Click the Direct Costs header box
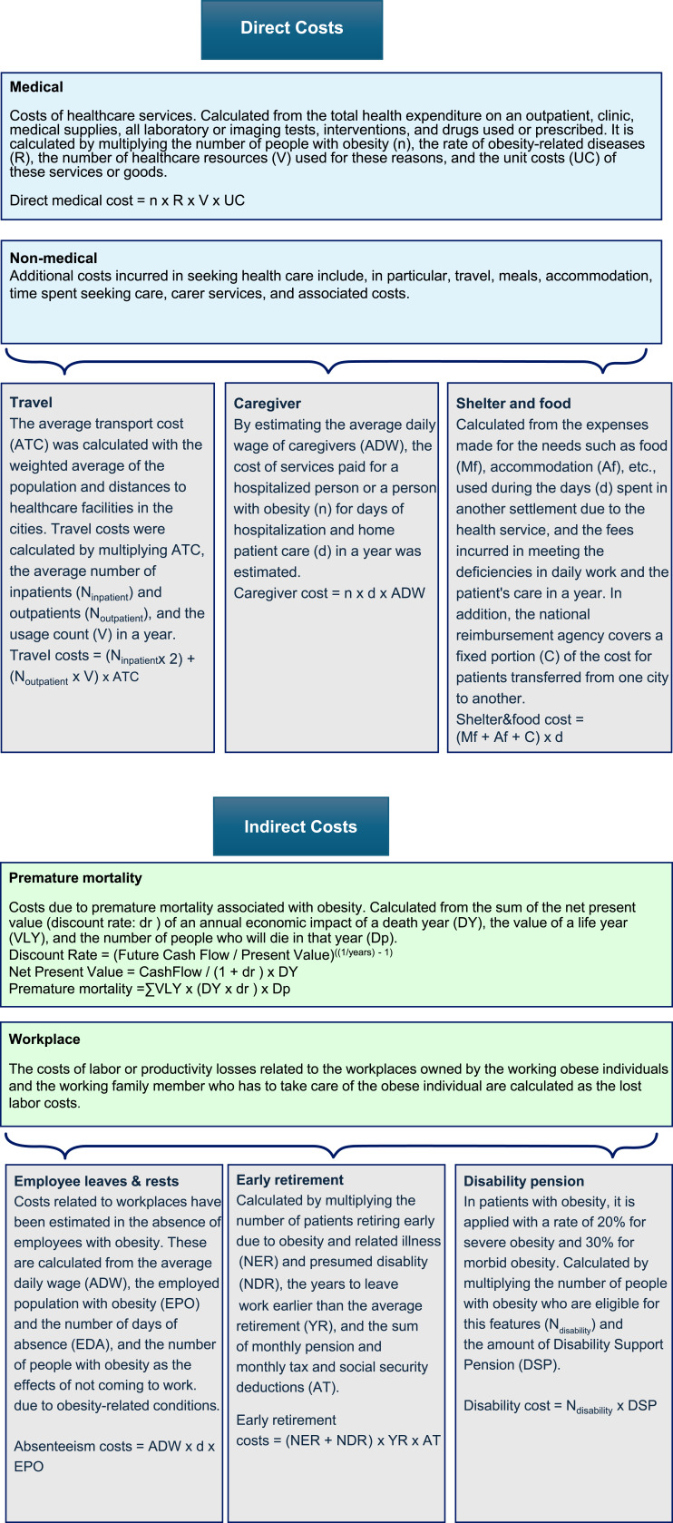coord(291,28)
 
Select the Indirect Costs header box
coord(300,826)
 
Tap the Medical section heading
coord(36,87)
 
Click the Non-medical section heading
coord(54,258)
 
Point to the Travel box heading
coord(31,402)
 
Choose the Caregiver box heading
coord(267,403)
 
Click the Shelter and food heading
coord(513,403)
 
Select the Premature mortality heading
coord(75,877)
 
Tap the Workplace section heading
coord(44,1039)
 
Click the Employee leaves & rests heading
coord(96,1180)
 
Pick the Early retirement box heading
coord(289,1179)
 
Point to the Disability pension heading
coord(523,1180)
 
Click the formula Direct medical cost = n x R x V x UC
coord(127,200)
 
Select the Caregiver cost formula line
coord(329,592)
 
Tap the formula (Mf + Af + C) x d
coord(509,737)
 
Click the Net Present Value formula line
coord(153,971)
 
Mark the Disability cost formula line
coord(560,1405)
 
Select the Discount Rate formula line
coord(200,954)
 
